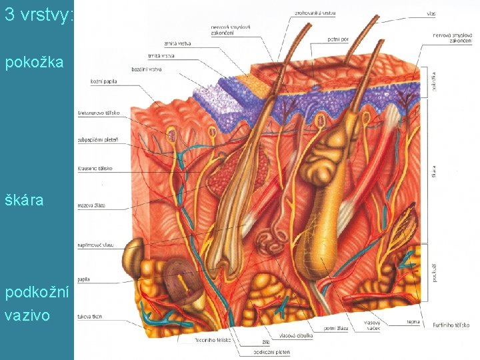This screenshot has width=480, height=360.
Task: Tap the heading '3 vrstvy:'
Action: coord(38,15)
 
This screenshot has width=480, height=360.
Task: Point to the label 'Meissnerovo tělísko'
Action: coord(99,113)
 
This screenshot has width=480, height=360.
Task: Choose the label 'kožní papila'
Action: coord(105,81)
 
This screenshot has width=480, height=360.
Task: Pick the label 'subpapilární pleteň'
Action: coord(99,141)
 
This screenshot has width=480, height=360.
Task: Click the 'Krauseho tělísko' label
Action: coord(95,169)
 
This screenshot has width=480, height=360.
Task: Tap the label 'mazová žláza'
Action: coord(92,206)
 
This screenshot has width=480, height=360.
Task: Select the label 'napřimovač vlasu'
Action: coord(96,245)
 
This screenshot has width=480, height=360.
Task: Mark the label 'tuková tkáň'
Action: coord(90,317)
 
